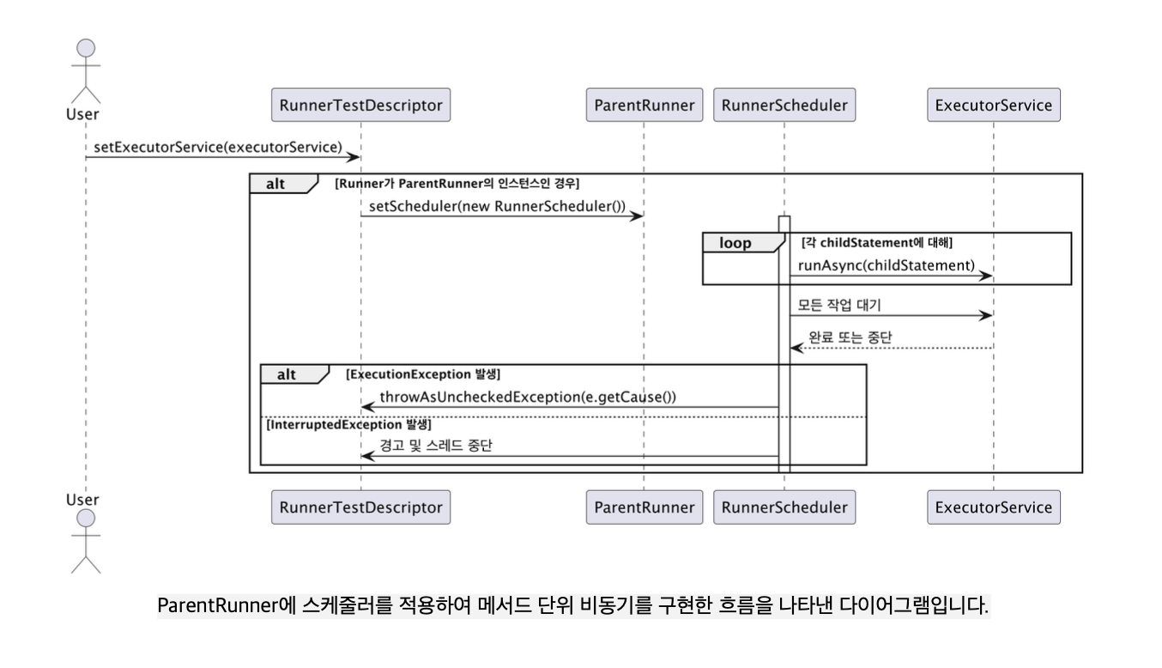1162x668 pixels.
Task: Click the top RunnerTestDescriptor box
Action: [360, 106]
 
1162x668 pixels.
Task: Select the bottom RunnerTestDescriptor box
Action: [360, 507]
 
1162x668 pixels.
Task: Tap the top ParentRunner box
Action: [645, 106]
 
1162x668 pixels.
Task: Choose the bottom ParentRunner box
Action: [645, 507]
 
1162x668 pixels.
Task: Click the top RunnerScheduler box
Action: [784, 106]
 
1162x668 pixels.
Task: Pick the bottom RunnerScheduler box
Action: [784, 507]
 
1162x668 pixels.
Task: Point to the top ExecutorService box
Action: [994, 106]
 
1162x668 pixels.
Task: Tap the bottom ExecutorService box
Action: [994, 507]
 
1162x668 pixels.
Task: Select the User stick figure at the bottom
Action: [86, 541]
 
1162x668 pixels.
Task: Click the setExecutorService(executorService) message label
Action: [217, 147]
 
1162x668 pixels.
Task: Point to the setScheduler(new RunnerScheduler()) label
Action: [497, 206]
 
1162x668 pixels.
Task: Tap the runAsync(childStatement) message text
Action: [887, 265]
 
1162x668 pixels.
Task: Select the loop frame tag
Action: [735, 243]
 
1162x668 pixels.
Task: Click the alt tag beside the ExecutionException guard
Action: [287, 374]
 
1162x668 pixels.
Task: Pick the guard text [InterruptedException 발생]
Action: [349, 424]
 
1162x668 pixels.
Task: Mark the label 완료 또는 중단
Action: [850, 337]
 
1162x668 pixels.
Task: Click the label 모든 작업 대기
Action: [839, 305]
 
